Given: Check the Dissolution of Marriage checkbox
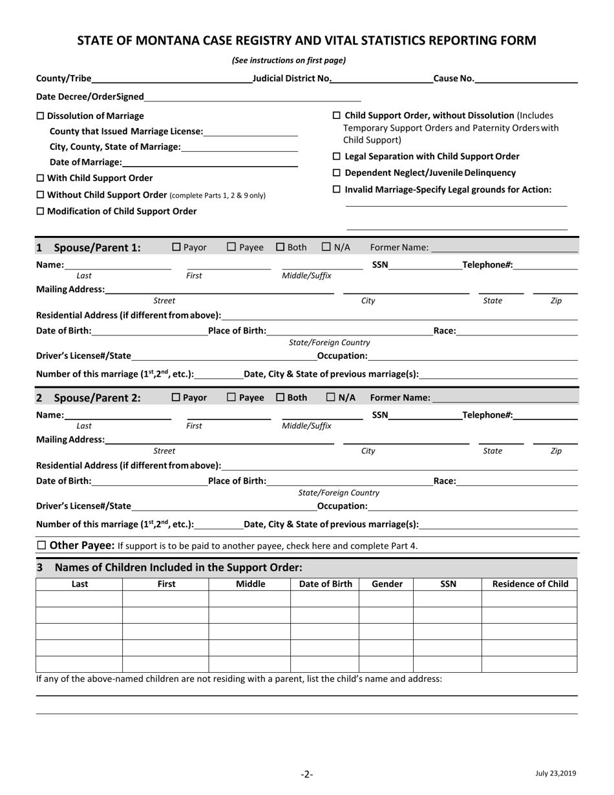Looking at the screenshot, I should [40, 116].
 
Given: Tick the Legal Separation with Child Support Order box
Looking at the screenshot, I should [336, 156].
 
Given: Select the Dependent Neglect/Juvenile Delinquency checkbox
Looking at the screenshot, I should [336, 173].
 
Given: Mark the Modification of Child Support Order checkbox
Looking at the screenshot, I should [40, 211].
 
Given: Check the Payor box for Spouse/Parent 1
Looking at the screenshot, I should [176, 247].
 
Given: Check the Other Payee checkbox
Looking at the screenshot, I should [41, 545].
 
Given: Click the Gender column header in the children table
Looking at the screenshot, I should [386, 584].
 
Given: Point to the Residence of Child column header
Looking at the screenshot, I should [530, 584].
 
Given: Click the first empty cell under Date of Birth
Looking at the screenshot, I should [324, 599].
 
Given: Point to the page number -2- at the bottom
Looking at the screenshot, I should [306, 774].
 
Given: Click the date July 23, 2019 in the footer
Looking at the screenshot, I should [555, 772].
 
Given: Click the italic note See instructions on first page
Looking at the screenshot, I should [289, 61].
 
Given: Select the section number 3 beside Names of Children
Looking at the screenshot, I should [40, 567].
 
